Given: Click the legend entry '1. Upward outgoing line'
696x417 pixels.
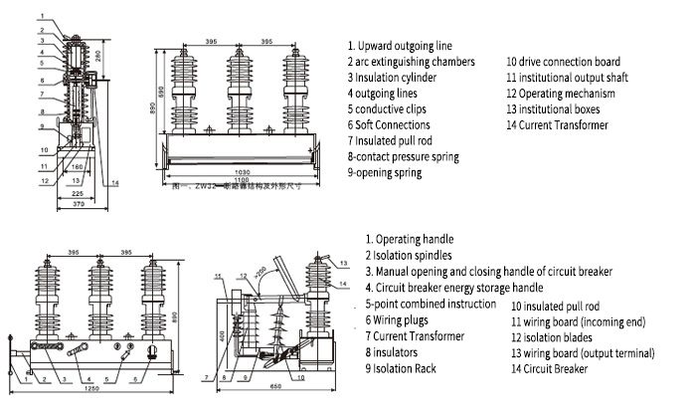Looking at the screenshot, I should (x=401, y=46).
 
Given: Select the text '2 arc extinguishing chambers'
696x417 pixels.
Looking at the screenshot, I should (x=411, y=62).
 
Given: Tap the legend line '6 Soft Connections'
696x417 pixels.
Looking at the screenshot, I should (x=389, y=124).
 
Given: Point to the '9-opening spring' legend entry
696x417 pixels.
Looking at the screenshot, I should (x=384, y=172).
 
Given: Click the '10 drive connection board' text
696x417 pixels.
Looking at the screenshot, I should (x=563, y=62).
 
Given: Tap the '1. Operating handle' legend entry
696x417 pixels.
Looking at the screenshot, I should (x=410, y=240).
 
